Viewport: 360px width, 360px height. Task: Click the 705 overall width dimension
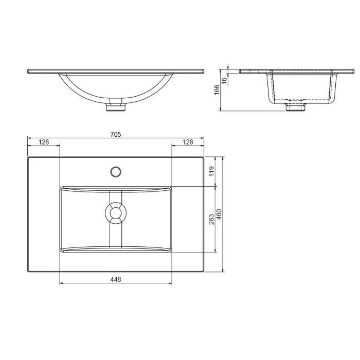115,134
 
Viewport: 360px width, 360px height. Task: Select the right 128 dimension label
188,141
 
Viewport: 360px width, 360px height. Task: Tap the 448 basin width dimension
115,279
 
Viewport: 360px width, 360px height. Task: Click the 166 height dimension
217,89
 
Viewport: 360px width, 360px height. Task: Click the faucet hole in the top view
116,170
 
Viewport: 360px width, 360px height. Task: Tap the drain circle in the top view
116,213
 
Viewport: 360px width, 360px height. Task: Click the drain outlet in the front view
116,107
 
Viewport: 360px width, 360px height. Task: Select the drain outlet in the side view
296,106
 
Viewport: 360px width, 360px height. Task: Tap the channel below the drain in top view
116,237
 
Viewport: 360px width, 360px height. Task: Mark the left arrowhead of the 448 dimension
62,283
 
